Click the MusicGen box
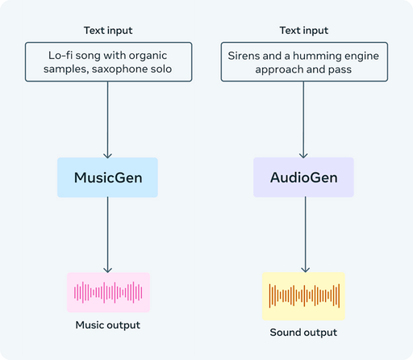107,178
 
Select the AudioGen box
303,178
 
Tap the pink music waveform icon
108,292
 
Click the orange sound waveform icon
304,295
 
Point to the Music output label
108,325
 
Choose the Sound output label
303,333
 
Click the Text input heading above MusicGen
108,31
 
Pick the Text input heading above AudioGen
304,31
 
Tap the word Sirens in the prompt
240,56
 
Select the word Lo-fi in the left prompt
60,56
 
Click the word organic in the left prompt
148,56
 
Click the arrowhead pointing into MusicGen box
107,156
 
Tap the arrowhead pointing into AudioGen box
303,155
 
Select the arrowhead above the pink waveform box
108,270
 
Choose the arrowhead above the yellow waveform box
305,270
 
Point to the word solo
161,69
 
